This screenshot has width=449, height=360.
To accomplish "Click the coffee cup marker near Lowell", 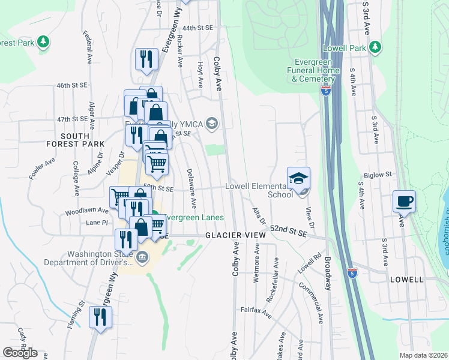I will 404,201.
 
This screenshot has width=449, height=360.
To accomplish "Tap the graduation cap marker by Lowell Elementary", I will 298,178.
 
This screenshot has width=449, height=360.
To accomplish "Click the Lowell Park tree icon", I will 375,47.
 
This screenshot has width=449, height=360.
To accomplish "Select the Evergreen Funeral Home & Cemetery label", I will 315,71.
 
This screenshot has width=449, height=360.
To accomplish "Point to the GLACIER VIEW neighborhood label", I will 235,236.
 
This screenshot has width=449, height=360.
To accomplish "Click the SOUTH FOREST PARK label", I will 75,140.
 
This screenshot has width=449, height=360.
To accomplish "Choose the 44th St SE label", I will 198,28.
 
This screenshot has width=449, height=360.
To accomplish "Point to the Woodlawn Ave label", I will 87,211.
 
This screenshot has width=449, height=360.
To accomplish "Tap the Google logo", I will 20,353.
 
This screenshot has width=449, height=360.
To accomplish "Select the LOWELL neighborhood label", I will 406,280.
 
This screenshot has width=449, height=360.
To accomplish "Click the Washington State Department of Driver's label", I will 100,258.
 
